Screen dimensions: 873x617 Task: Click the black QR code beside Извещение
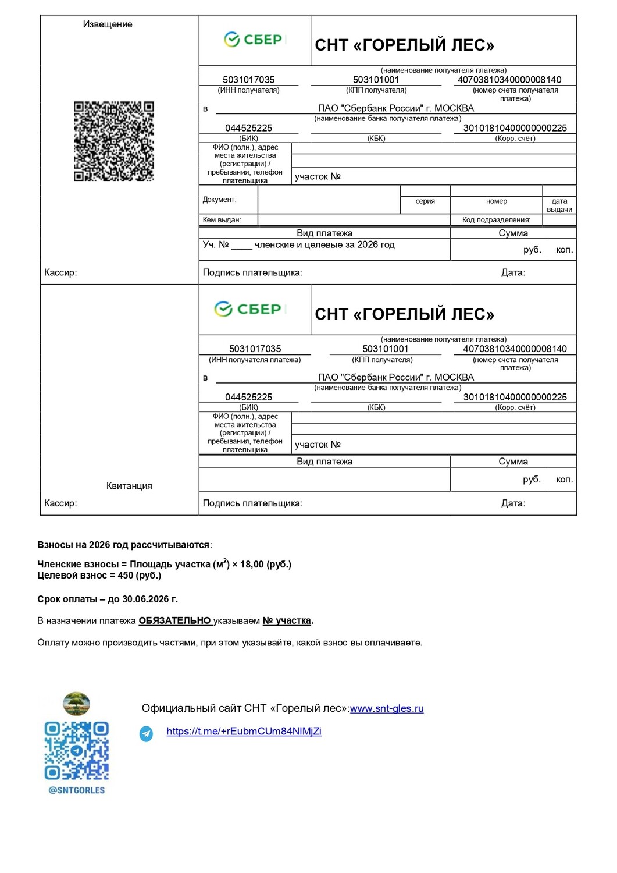(x=114, y=141)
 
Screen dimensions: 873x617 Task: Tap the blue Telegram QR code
(x=77, y=751)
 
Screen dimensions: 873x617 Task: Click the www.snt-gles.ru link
(x=387, y=708)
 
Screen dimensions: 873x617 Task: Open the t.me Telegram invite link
(x=244, y=732)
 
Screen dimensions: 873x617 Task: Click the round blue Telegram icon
(x=146, y=733)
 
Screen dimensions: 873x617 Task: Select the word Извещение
(x=108, y=24)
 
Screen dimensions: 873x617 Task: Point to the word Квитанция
(x=129, y=486)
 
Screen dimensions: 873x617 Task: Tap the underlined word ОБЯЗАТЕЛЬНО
(x=174, y=621)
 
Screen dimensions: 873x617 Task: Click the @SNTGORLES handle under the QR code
(x=77, y=790)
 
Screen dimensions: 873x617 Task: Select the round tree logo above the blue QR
(x=76, y=704)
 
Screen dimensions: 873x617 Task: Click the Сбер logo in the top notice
(x=254, y=40)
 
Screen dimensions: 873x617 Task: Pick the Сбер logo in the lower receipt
(x=248, y=309)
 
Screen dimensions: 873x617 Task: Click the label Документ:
(x=219, y=200)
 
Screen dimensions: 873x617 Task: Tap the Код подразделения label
(x=496, y=220)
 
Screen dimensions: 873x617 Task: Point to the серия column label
(x=425, y=201)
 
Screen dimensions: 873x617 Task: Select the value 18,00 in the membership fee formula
(x=252, y=565)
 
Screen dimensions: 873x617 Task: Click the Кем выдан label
(x=222, y=220)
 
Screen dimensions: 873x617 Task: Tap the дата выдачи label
(x=559, y=205)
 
